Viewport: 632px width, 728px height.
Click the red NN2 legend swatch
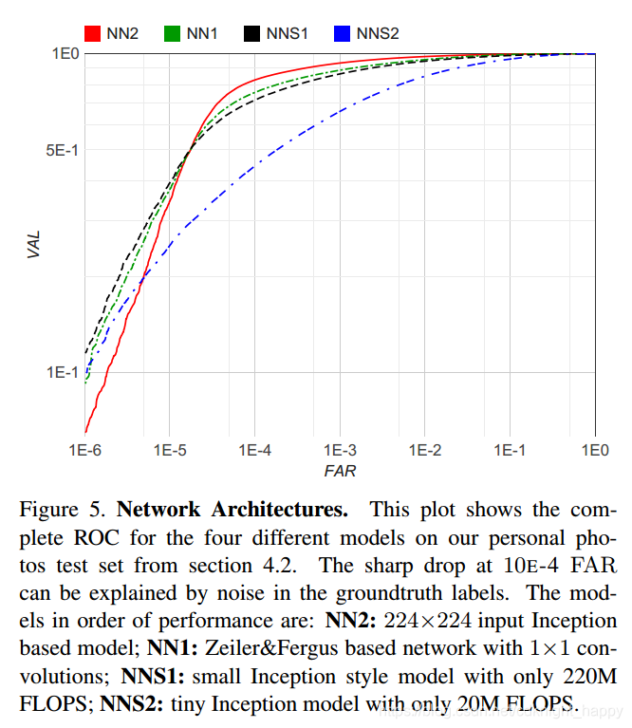(92, 33)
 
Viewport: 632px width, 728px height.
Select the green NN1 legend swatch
(172, 33)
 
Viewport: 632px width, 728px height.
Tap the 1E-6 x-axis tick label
(84, 449)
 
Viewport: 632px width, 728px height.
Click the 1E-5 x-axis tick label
(169, 449)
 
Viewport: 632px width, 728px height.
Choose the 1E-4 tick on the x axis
(254, 449)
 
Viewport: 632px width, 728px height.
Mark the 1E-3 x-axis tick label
(340, 449)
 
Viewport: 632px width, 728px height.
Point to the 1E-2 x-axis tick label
(424, 449)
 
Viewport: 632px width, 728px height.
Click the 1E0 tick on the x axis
(595, 449)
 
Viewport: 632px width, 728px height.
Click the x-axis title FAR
(340, 470)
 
